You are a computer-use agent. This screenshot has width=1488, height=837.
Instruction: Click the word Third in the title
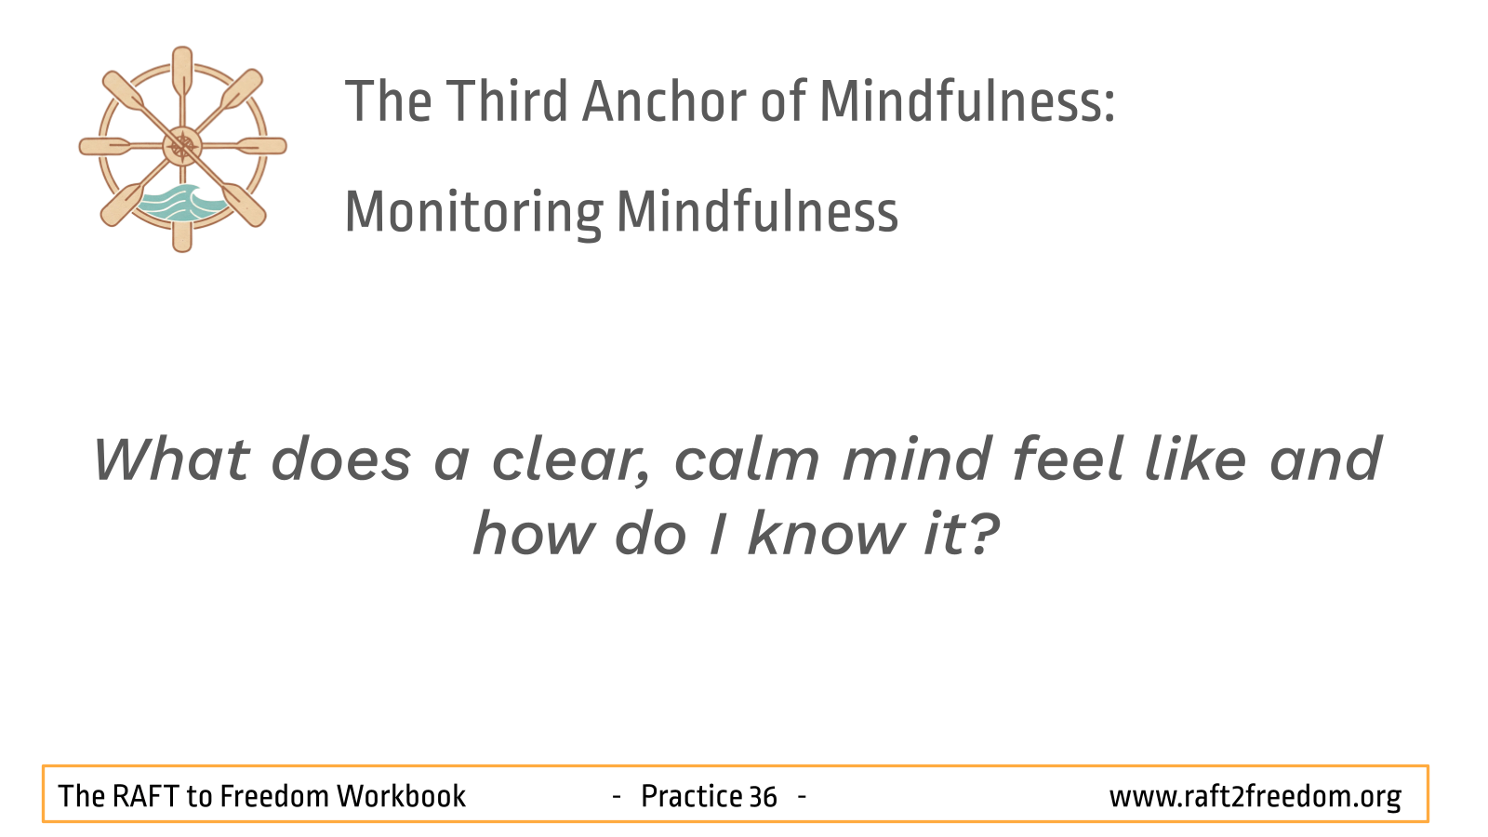coord(506,101)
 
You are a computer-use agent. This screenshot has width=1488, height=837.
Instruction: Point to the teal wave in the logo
coord(181,203)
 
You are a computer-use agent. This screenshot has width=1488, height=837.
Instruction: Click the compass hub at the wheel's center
coord(182,146)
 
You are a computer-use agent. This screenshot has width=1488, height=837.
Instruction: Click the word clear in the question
coord(570,461)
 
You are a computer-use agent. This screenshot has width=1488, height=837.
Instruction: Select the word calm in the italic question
coord(747,459)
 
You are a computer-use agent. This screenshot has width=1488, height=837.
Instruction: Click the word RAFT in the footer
coord(145,796)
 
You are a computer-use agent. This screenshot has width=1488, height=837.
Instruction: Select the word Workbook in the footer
coord(401,796)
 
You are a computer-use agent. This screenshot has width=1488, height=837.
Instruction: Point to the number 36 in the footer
coord(763,796)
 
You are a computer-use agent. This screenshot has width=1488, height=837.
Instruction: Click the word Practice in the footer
coord(692,796)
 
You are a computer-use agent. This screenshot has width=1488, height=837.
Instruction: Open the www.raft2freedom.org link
coord(1255,796)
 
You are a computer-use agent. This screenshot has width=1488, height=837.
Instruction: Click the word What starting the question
coord(171,459)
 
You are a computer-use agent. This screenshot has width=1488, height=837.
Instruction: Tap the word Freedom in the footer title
coord(274,796)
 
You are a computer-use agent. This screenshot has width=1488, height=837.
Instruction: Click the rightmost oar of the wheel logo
coord(261,146)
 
